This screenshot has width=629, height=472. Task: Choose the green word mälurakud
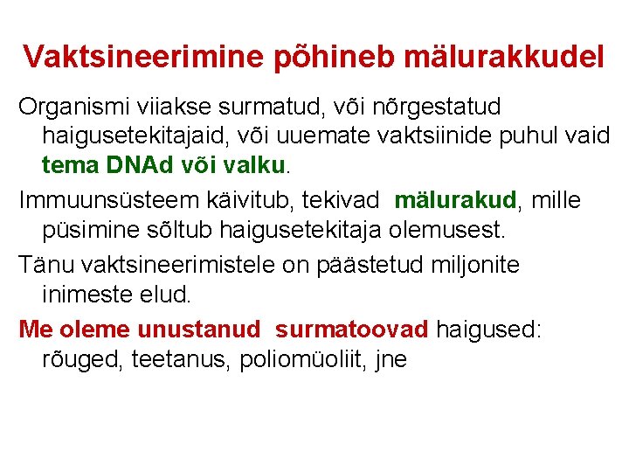[x=456, y=201]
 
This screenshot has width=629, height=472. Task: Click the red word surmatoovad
[x=352, y=329]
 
